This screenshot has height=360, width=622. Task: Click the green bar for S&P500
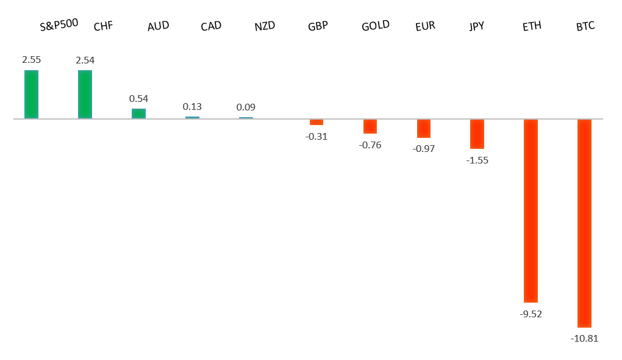(x=31, y=94)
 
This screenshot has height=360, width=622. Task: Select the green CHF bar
(x=85, y=94)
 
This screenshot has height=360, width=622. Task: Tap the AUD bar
(x=138, y=113)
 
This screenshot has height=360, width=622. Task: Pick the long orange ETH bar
(x=531, y=211)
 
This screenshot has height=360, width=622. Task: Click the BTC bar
(x=584, y=223)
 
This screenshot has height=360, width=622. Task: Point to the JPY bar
(x=477, y=134)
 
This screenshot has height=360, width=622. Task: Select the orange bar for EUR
(x=424, y=128)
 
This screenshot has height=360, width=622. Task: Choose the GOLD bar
(x=370, y=126)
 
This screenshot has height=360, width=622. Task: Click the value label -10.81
(x=584, y=338)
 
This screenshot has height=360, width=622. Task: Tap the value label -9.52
(x=531, y=314)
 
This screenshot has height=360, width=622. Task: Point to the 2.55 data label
(x=31, y=60)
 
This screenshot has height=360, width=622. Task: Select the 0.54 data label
(x=138, y=98)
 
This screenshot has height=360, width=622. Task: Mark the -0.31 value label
(x=316, y=136)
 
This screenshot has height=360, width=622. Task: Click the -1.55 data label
(x=477, y=160)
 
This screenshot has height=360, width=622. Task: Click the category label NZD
(x=265, y=26)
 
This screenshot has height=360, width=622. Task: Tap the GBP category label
(x=318, y=26)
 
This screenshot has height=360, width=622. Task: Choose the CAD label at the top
(x=211, y=26)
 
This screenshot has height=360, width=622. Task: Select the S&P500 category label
(x=59, y=25)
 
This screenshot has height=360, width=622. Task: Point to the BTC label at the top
(x=585, y=26)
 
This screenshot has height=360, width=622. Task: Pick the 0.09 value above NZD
(x=246, y=107)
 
